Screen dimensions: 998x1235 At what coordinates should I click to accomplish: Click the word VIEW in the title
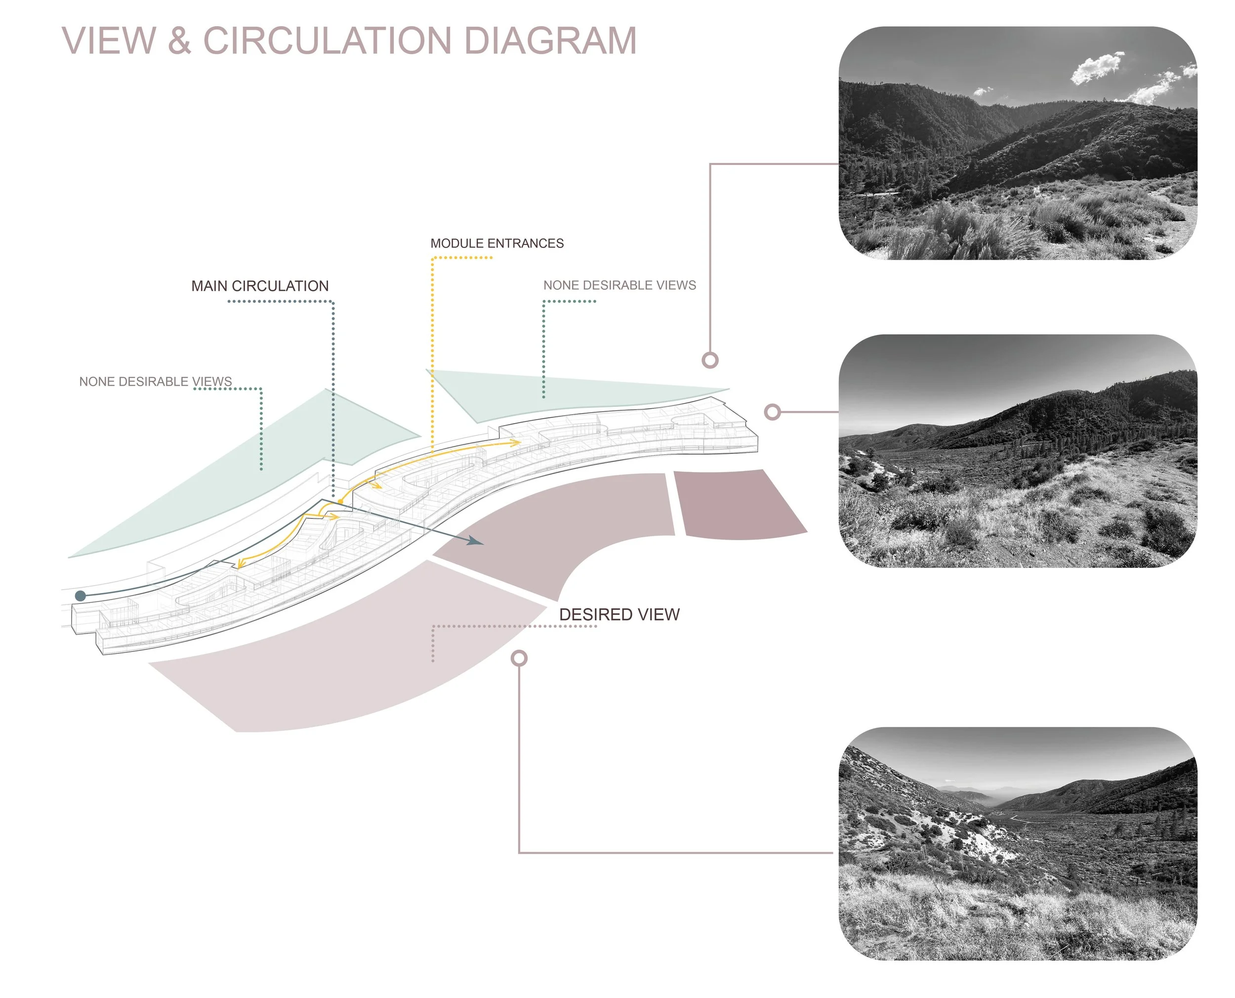[x=109, y=41]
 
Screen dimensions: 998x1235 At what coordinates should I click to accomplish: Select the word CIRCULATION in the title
[x=327, y=41]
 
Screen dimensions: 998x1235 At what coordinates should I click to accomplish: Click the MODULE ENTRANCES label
[x=497, y=243]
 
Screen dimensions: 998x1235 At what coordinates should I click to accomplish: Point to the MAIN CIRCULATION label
[x=260, y=286]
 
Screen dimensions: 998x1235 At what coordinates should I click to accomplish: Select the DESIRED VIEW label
[x=618, y=614]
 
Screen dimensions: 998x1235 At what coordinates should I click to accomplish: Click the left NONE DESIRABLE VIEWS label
[x=155, y=382]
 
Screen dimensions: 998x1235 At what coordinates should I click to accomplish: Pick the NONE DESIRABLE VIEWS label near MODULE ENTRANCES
[x=619, y=285]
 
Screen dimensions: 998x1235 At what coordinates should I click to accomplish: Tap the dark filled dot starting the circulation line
[x=81, y=596]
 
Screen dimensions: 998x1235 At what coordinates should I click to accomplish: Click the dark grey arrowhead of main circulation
[x=475, y=540]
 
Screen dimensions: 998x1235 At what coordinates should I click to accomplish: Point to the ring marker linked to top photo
[x=710, y=360]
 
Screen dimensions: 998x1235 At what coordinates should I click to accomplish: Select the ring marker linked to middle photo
[x=772, y=412]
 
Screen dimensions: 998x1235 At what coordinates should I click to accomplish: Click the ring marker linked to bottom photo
[x=519, y=658]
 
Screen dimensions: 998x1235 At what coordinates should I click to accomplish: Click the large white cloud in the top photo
[x=1096, y=68]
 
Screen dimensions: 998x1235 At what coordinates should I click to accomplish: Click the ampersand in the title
[x=179, y=41]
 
